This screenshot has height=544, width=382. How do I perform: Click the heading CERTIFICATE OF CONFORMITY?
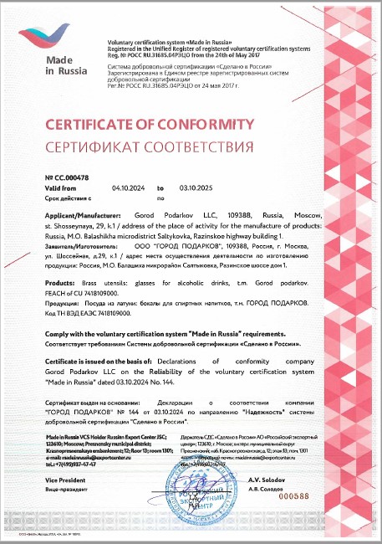pos(147,125)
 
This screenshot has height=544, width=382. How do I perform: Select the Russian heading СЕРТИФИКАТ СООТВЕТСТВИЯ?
pos(148,148)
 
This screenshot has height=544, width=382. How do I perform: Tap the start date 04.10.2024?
pos(129,188)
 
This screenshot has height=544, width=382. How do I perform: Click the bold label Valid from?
pos(61,188)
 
